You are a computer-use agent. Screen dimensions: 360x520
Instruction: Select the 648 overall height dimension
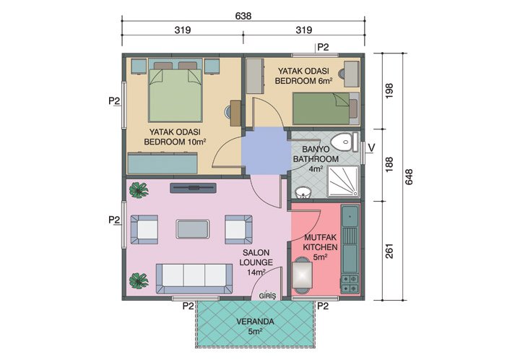pyautogui.click(x=409, y=178)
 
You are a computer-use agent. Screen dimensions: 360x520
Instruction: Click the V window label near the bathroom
pyautogui.click(x=371, y=149)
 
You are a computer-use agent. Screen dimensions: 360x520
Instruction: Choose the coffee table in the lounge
pyautogui.click(x=193, y=228)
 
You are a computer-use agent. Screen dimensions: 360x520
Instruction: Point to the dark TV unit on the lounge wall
pyautogui.click(x=193, y=188)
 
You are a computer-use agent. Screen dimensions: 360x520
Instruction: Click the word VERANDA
pyautogui.click(x=255, y=322)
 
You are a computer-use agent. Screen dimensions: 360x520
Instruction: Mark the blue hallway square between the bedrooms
pyautogui.click(x=264, y=151)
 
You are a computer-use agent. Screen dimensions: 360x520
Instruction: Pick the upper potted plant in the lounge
pyautogui.click(x=136, y=190)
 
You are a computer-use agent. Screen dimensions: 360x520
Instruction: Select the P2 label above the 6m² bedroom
pyautogui.click(x=323, y=48)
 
